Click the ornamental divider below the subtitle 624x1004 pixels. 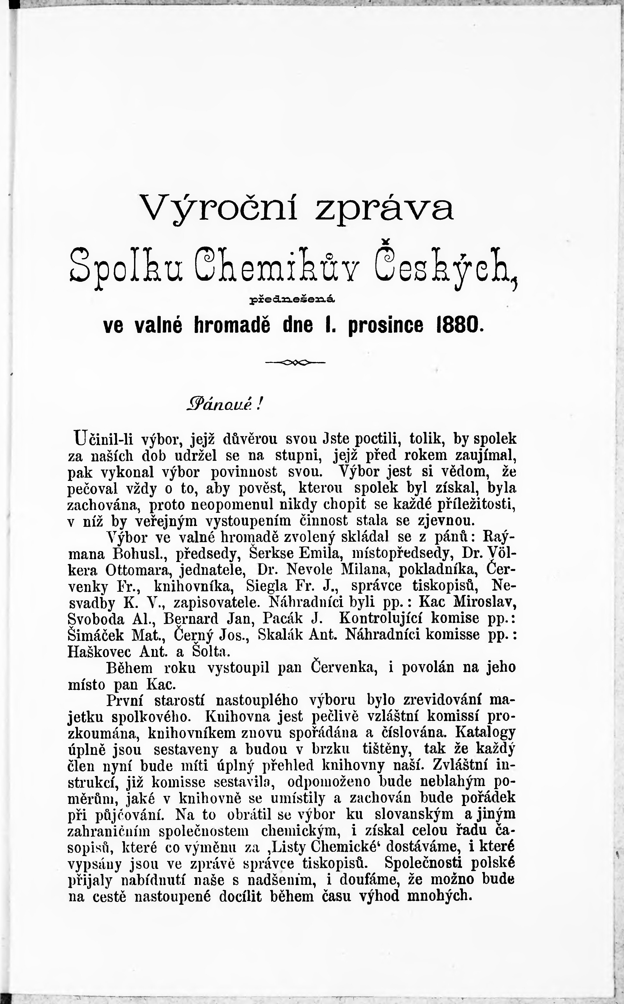click(x=295, y=362)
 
